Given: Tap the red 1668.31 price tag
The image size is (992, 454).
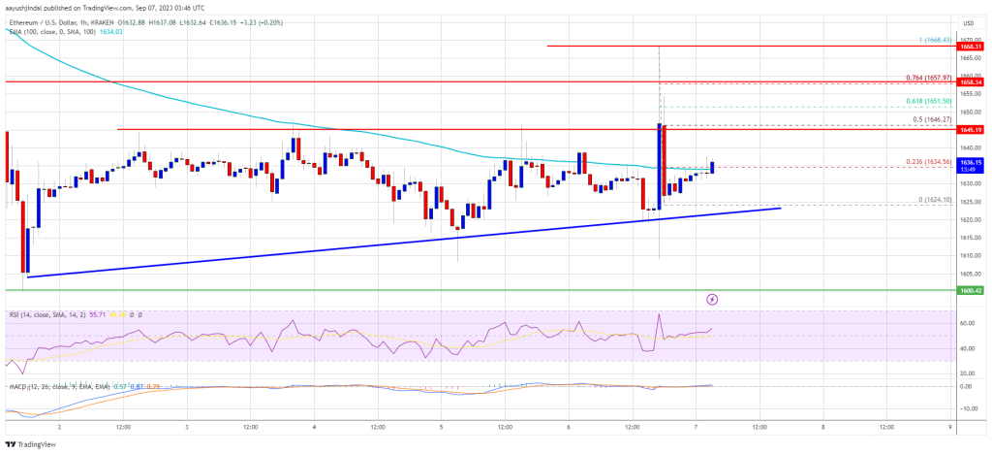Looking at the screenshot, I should tap(971, 46).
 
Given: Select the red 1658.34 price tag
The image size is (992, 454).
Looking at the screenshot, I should tap(971, 82).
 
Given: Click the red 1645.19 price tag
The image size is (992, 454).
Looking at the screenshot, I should tap(971, 129).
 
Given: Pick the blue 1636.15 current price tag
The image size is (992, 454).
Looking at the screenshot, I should tap(971, 162).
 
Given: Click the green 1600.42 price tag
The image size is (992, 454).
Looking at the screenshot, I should tap(971, 289).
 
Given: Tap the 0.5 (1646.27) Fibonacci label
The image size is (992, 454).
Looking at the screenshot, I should tap(932, 119).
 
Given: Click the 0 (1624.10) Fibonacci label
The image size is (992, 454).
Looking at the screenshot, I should tap(934, 199).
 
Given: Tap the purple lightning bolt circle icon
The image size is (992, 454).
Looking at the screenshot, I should tap(713, 300).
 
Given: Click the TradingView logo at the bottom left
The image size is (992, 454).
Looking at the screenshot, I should tap(34, 443).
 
